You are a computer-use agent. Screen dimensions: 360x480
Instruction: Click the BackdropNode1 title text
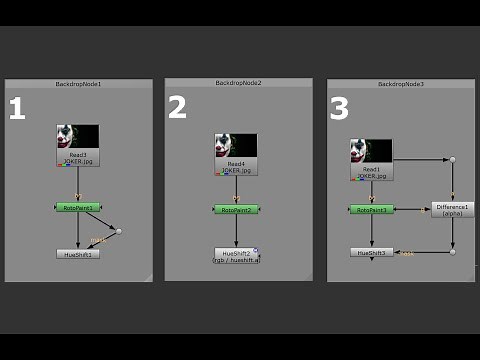pos(79,84)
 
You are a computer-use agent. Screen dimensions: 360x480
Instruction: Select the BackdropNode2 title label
pos(239,82)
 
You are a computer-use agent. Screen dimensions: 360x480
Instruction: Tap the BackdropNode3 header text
pos(401,84)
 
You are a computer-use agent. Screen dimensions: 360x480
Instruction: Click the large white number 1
pos(16,108)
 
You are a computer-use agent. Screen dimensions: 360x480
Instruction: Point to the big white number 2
pos(177,107)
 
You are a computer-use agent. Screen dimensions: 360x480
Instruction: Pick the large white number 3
pos(339,107)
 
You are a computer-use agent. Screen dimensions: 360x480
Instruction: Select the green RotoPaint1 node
pos(78,208)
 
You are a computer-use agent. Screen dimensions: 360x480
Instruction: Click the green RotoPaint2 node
pos(236,209)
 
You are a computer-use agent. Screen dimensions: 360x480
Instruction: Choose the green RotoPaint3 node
pos(372,209)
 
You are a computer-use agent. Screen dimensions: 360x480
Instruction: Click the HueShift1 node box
pos(78,254)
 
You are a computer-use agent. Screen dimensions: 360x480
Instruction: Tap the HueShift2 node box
pos(236,255)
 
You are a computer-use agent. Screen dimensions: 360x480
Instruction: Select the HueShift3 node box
pos(372,252)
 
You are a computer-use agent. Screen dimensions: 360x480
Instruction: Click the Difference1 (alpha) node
pos(452,209)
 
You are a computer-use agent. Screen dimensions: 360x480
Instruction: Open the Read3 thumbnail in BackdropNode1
pos(78,137)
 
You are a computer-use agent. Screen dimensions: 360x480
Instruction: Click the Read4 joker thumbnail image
pos(236,145)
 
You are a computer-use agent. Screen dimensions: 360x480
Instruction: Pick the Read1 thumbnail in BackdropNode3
pos(372,151)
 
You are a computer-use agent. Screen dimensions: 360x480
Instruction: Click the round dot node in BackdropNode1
pos(119,231)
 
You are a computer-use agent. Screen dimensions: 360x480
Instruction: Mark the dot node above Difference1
pos(452,159)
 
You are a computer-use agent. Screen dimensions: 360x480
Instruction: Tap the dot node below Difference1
pos(452,252)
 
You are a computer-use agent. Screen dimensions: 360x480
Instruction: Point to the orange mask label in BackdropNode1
pos(97,240)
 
